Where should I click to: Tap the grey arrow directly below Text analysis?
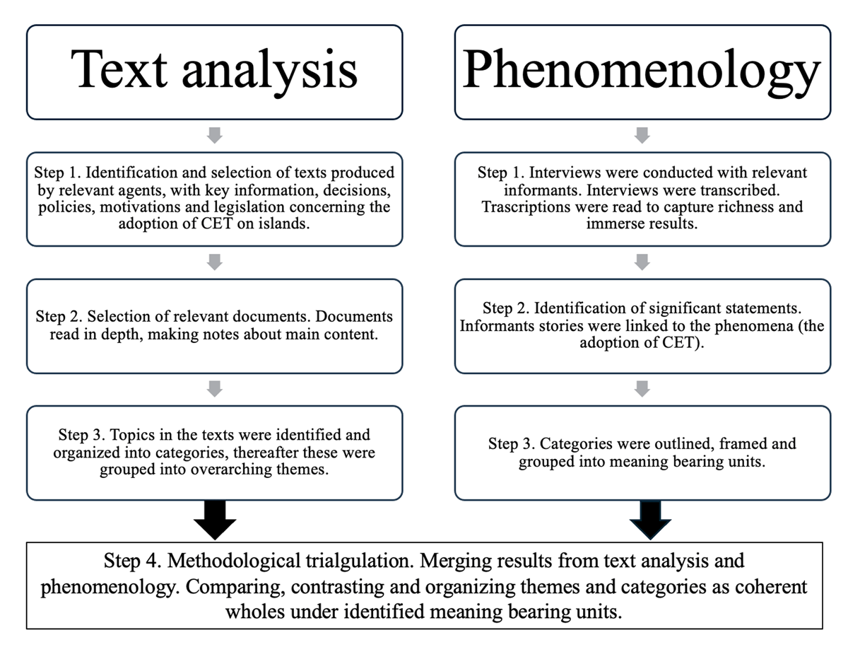215,136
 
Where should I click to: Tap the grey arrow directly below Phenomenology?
642,136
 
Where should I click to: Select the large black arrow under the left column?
215,520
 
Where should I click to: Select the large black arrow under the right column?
650,520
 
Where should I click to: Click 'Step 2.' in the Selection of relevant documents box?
59,317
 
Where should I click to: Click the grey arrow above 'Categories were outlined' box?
642,389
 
